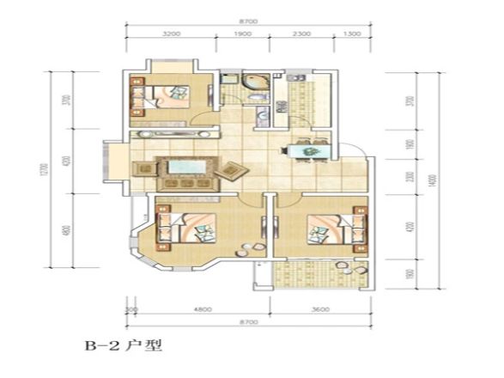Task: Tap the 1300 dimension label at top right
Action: [352, 35]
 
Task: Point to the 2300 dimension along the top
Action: [301, 35]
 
